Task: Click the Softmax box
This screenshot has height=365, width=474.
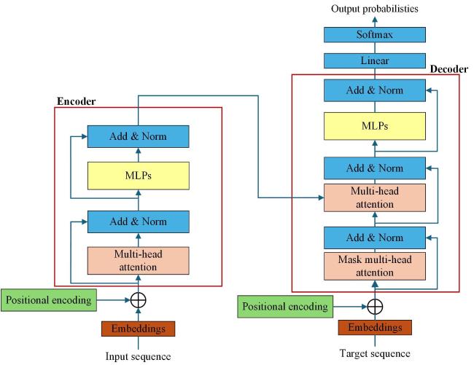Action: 375,34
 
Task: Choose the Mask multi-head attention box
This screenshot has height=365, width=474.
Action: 375,266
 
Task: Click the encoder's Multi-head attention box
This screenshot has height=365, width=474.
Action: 138,260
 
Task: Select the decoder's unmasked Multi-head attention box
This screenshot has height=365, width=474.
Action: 375,196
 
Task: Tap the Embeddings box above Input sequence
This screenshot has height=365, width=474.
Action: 138,329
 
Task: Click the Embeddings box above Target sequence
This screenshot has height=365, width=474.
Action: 375,329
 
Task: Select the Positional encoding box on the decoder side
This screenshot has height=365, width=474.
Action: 284,307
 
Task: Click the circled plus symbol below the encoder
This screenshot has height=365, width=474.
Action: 138,299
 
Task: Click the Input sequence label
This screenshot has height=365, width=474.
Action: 138,356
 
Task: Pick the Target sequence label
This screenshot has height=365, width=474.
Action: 375,354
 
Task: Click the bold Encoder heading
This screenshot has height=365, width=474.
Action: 75,100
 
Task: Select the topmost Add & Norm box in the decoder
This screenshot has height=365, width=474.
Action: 375,90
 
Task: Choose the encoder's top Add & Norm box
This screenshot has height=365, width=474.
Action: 138,136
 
